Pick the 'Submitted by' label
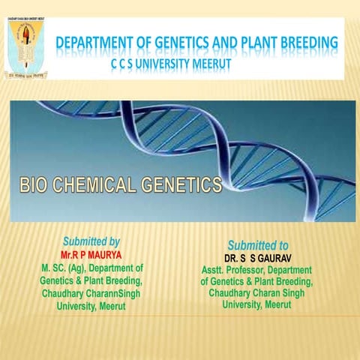[91, 241]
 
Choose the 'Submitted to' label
[257, 245]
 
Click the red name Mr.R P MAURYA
[91, 255]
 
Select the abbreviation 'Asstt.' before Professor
[214, 270]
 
